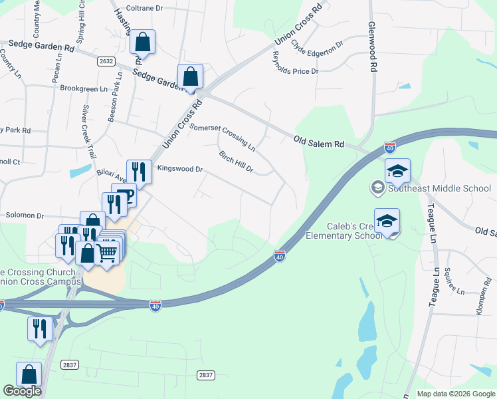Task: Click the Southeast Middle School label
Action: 439,188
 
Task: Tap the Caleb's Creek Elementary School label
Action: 344,231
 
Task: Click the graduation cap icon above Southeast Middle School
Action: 397,171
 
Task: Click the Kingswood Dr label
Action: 179,169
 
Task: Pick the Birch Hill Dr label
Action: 236,162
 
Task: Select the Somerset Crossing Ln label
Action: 223,136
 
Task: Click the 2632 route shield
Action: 105,61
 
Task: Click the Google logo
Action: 22,391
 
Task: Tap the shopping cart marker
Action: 108,252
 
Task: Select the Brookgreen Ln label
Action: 84,88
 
